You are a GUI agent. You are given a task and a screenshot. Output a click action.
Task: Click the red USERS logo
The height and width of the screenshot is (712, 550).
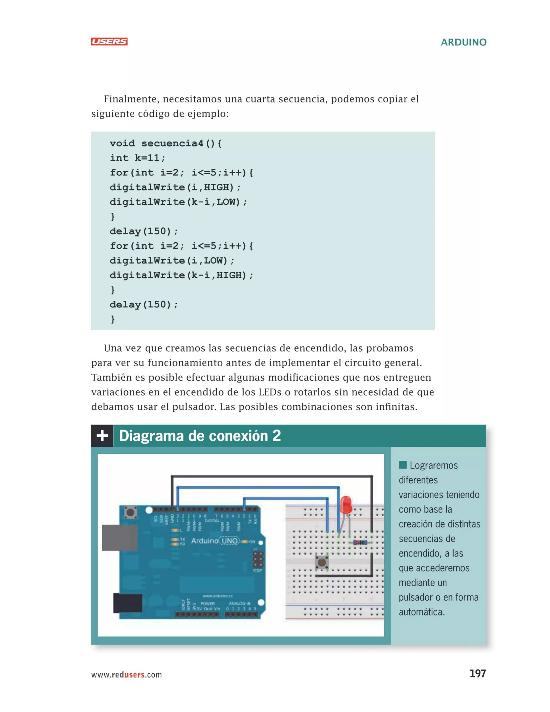tap(109, 41)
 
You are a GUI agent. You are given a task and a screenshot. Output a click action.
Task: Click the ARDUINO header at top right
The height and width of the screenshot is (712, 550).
tap(463, 42)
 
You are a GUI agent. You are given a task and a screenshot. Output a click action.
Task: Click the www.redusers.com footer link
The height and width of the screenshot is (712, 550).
tap(126, 674)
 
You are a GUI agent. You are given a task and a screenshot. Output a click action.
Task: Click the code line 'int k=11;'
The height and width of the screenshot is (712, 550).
tap(137, 158)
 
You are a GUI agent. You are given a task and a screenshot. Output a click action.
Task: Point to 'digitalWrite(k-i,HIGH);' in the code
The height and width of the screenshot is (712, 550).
tap(181, 275)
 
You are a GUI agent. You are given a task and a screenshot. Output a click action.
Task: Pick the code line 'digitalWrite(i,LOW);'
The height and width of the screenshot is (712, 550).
tap(172, 260)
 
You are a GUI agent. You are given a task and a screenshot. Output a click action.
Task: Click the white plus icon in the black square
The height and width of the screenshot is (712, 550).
tap(102, 436)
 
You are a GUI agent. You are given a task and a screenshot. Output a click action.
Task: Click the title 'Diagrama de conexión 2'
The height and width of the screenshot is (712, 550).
tap(200, 436)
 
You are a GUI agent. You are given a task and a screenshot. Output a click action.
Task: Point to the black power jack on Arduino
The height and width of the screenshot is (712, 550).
tap(127, 603)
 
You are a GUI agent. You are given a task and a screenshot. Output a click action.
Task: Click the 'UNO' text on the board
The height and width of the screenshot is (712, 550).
tap(230, 541)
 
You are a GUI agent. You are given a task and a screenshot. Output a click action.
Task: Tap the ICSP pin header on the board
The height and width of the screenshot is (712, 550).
tap(258, 559)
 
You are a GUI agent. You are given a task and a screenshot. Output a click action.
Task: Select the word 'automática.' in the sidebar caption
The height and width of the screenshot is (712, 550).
tap(422, 612)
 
